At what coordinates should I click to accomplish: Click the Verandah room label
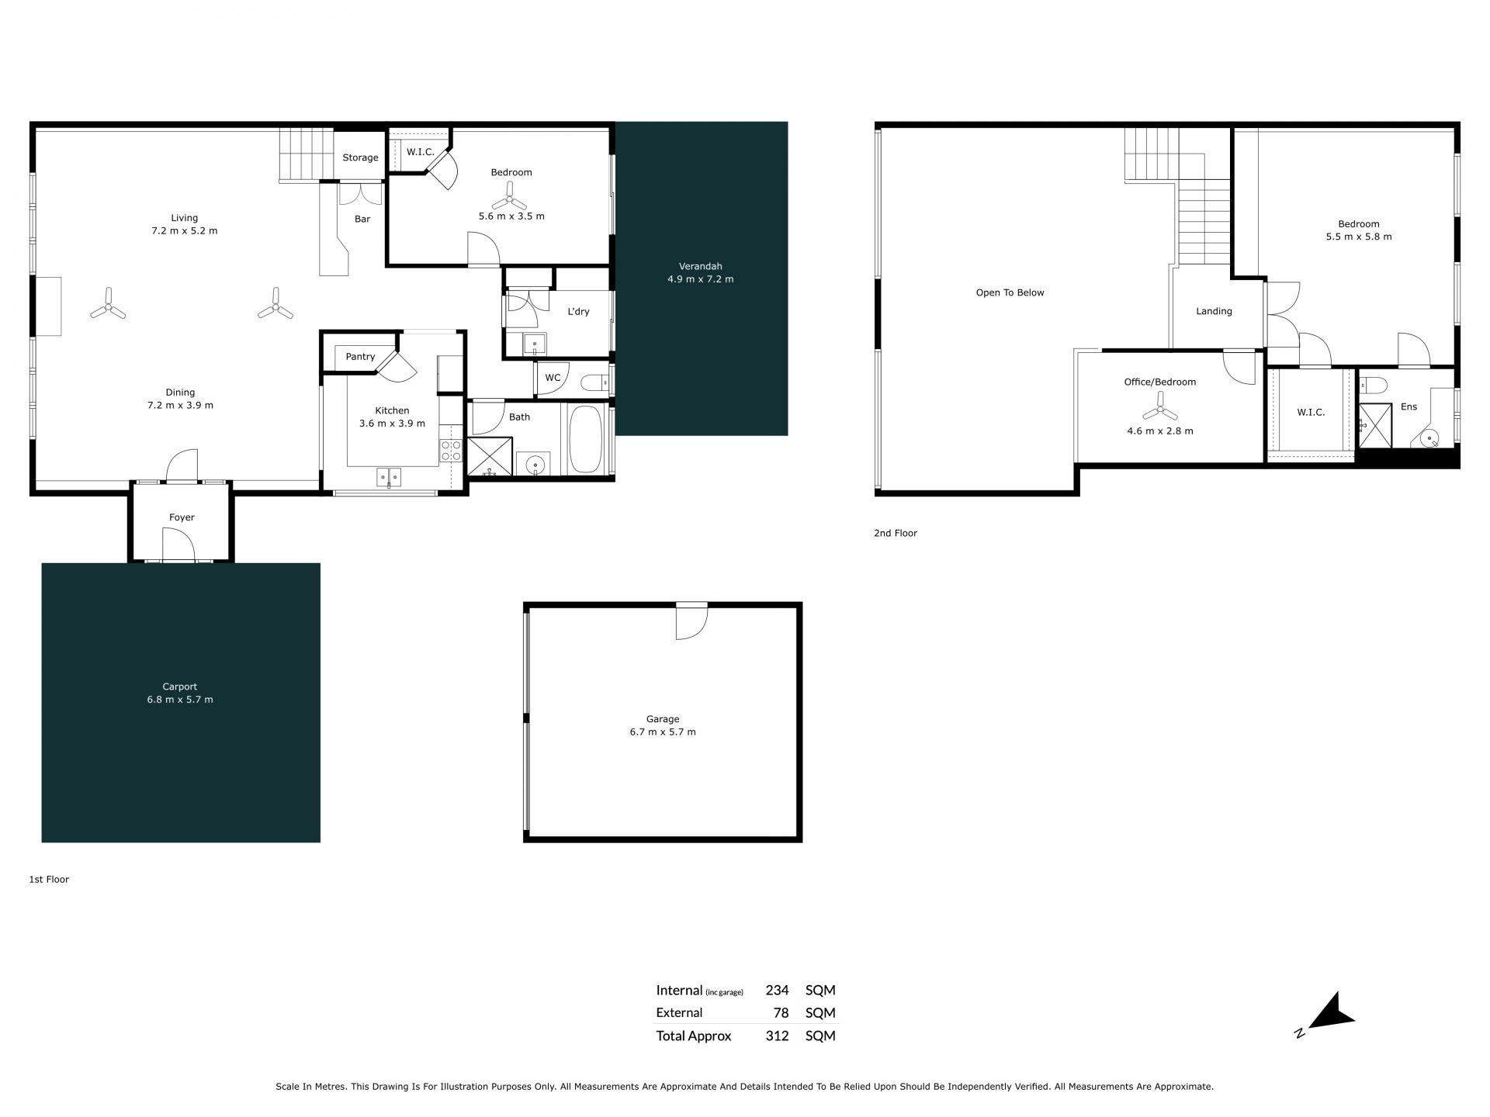(700, 266)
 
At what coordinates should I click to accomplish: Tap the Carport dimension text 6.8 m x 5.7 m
(180, 700)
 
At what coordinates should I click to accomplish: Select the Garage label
(663, 719)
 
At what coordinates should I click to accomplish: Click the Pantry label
(360, 357)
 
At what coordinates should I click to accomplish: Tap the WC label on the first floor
(553, 378)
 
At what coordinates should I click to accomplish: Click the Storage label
(361, 157)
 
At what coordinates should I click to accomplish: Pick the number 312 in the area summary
(777, 1036)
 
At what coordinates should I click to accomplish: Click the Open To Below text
(1010, 292)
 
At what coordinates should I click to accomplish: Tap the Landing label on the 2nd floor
(1214, 311)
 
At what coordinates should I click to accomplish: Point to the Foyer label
(182, 517)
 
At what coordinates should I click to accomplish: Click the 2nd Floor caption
(896, 533)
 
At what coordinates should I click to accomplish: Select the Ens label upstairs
(1409, 406)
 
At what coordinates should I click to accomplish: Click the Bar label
(362, 219)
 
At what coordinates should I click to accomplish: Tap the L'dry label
(578, 311)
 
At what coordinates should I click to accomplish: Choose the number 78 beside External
(781, 1012)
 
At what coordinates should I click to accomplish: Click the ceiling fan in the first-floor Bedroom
(510, 195)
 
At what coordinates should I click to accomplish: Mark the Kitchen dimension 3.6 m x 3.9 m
(392, 424)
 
